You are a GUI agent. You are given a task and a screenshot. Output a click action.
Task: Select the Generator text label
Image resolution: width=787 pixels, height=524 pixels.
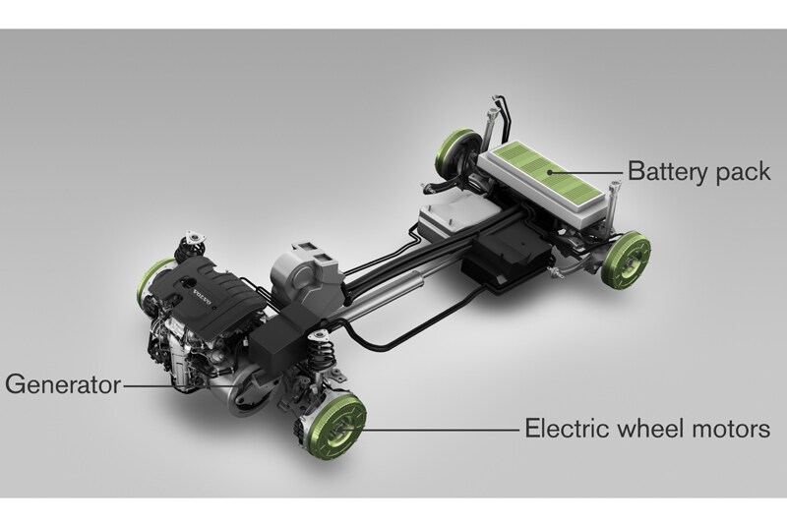(x=63, y=385)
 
